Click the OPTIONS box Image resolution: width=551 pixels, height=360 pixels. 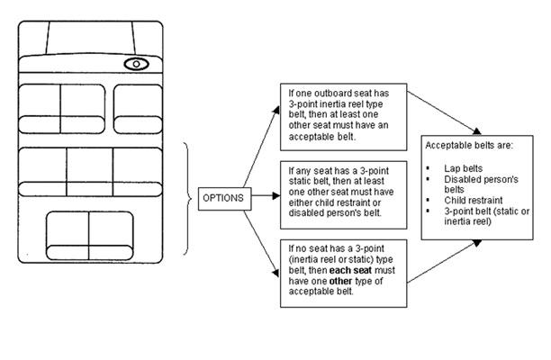pos(224,199)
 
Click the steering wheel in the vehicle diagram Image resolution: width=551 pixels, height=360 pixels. pos(136,64)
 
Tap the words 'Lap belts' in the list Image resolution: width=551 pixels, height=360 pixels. pos(463,168)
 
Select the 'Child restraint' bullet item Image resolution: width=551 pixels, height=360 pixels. pos(473,201)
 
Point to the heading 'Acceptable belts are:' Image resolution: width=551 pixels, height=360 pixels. pos(469,145)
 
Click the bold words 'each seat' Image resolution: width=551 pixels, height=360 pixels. pos(350,270)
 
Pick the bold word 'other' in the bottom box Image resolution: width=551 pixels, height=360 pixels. pos(340,282)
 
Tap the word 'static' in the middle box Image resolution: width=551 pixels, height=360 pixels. pos(300,182)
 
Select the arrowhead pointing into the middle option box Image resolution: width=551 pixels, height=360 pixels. pos(276,195)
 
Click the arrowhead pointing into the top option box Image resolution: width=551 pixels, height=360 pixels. pos(276,110)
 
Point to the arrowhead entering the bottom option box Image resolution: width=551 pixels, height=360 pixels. pos(275,273)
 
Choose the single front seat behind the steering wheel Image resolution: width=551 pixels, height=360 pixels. pos(138,109)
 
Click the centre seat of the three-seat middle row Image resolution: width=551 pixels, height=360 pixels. pos(90,172)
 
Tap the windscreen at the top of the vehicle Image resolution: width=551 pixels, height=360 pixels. pos(90,38)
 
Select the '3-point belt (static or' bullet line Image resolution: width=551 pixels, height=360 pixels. pos(487,211)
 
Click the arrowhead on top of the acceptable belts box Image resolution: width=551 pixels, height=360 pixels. pos(477,131)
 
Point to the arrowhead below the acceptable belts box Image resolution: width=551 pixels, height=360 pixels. pos(477,243)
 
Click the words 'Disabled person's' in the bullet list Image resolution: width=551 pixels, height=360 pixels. pos(481,179)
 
